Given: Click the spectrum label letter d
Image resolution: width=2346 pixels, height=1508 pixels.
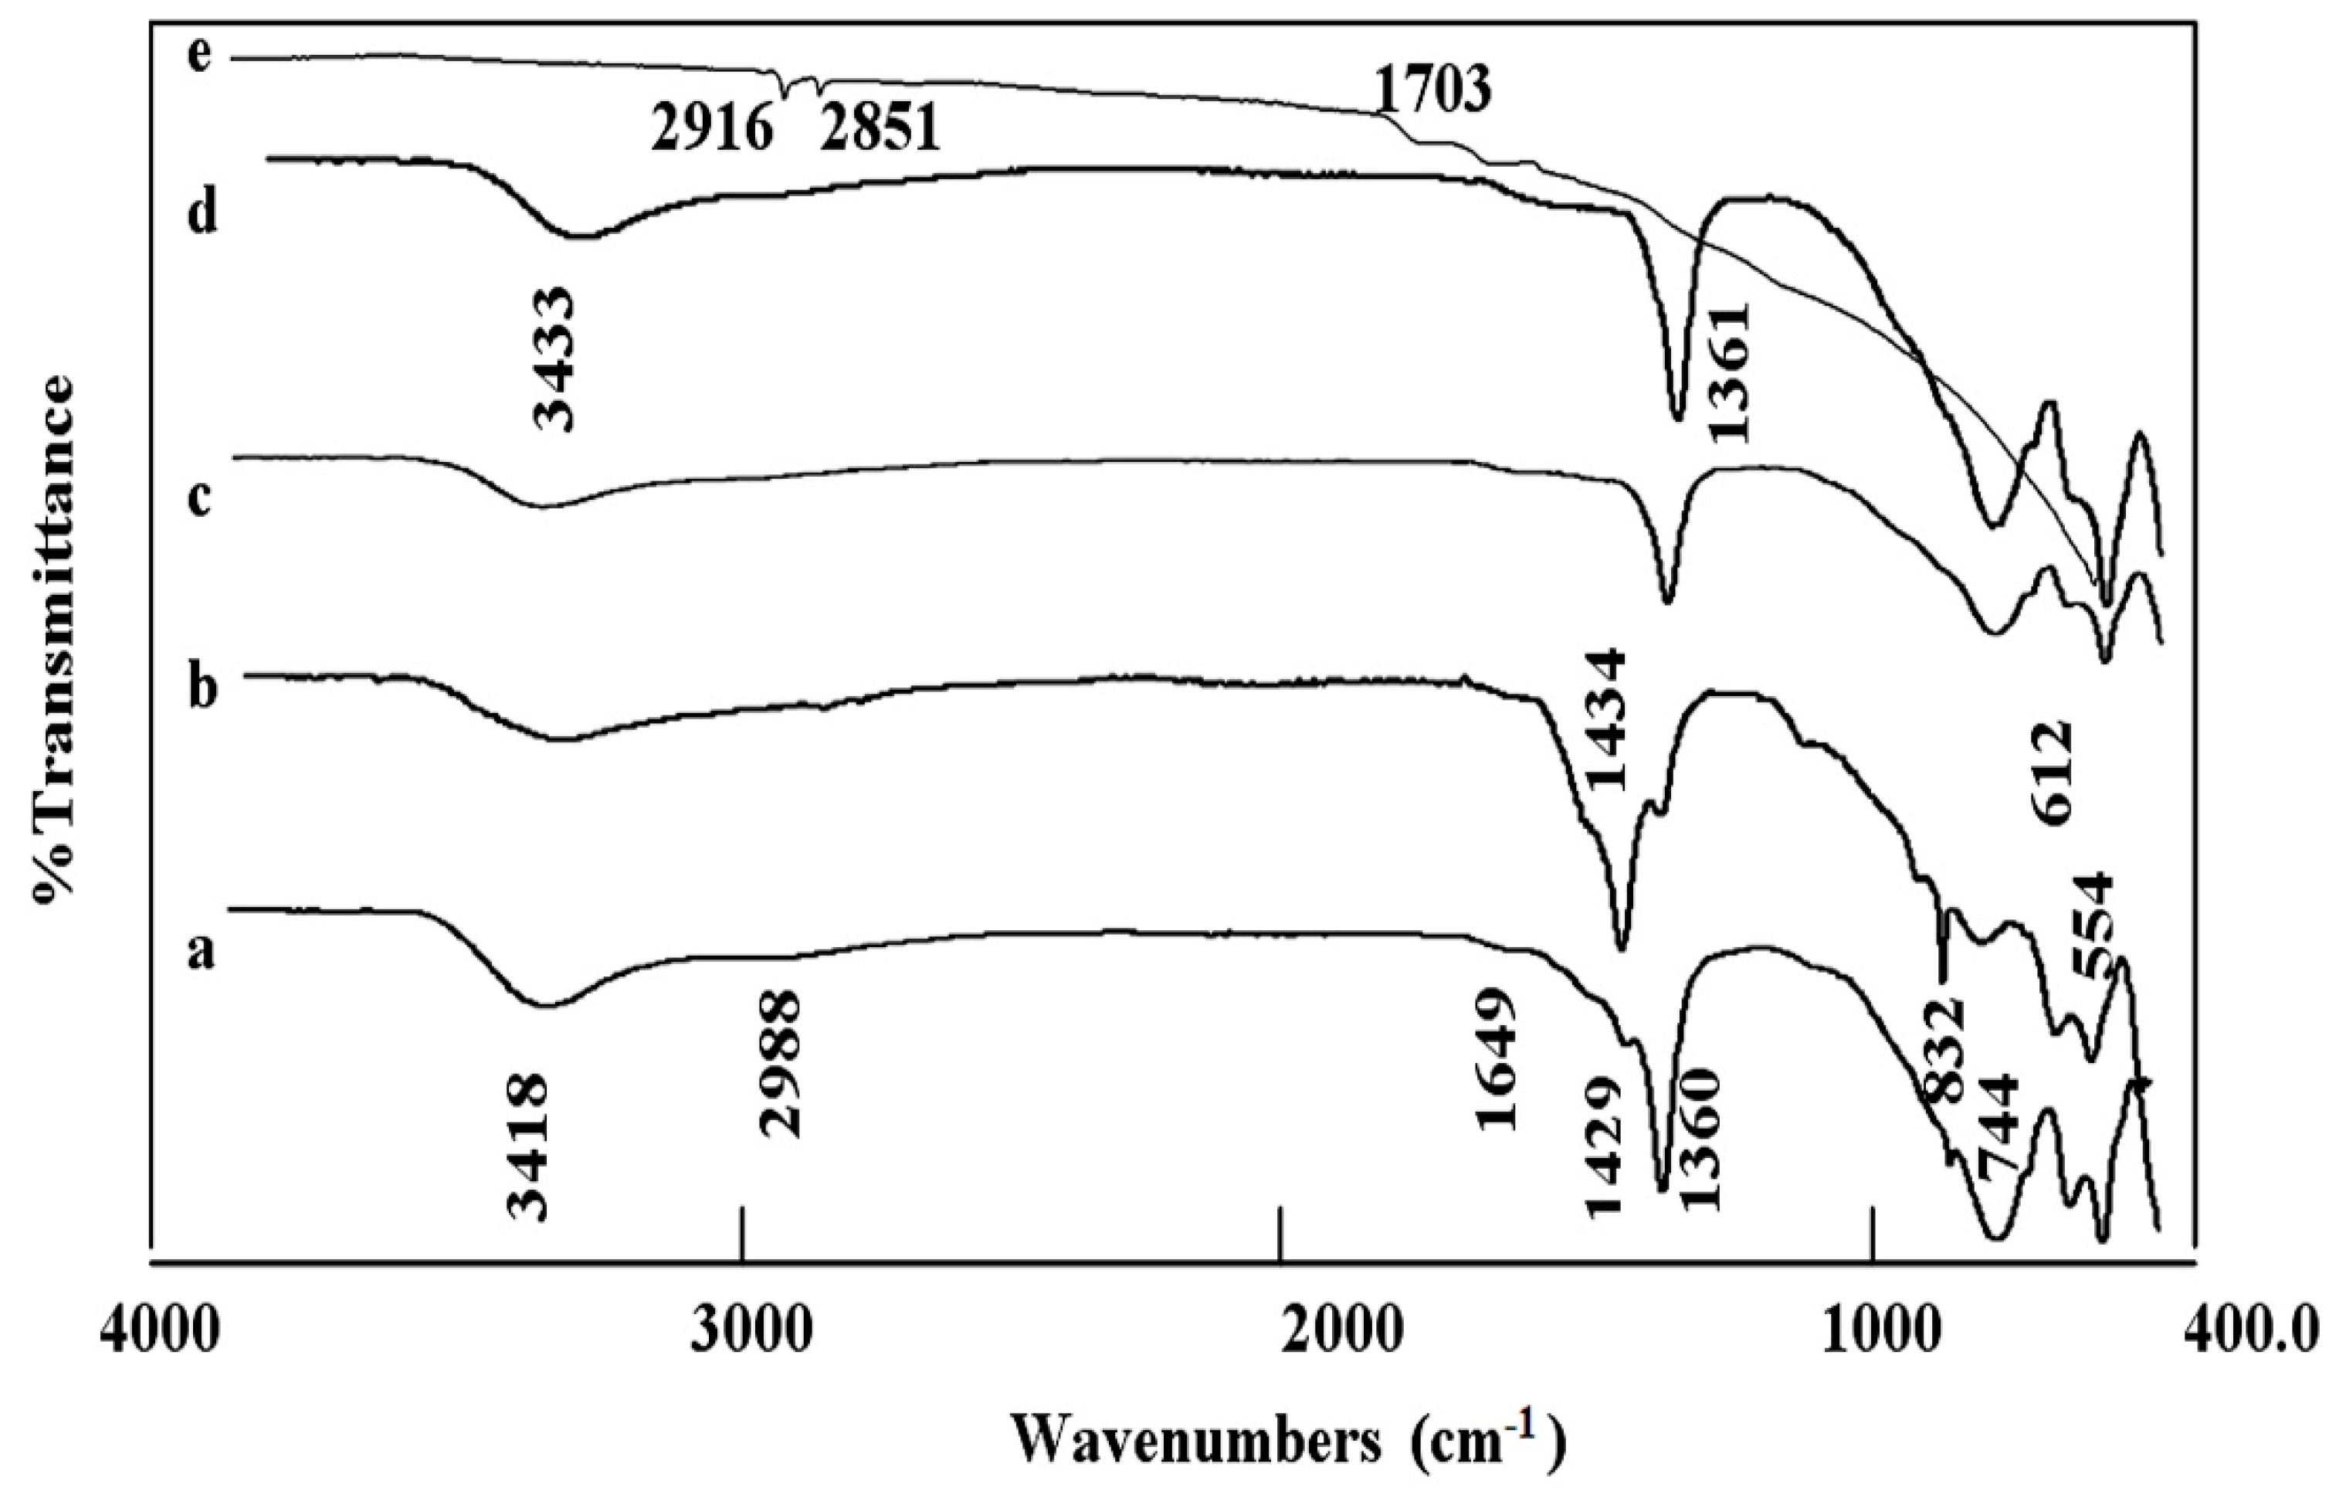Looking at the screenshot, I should click(x=202, y=209).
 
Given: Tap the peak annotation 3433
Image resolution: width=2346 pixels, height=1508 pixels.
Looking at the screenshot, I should click(x=555, y=358).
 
